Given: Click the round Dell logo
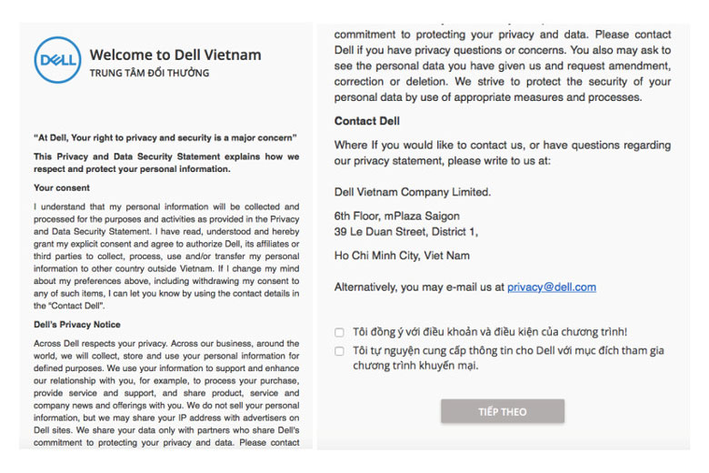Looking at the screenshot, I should [57, 61].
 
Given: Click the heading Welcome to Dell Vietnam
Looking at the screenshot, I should [175, 55].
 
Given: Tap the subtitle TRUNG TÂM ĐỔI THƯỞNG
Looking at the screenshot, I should [149, 73].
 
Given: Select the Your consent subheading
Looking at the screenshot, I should [62, 187].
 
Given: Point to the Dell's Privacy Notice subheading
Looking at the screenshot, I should [77, 325].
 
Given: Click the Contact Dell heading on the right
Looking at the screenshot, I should [366, 121].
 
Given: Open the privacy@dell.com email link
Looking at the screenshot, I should [551, 287].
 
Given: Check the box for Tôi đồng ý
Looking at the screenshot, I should [339, 333].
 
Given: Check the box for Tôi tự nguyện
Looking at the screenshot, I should [339, 350].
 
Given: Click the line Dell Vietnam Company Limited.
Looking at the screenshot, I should [412, 192].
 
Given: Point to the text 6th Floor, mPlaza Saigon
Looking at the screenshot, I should [396, 216].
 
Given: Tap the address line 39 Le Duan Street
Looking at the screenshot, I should [405, 232].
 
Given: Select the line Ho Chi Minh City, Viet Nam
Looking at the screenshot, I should [402, 256].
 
